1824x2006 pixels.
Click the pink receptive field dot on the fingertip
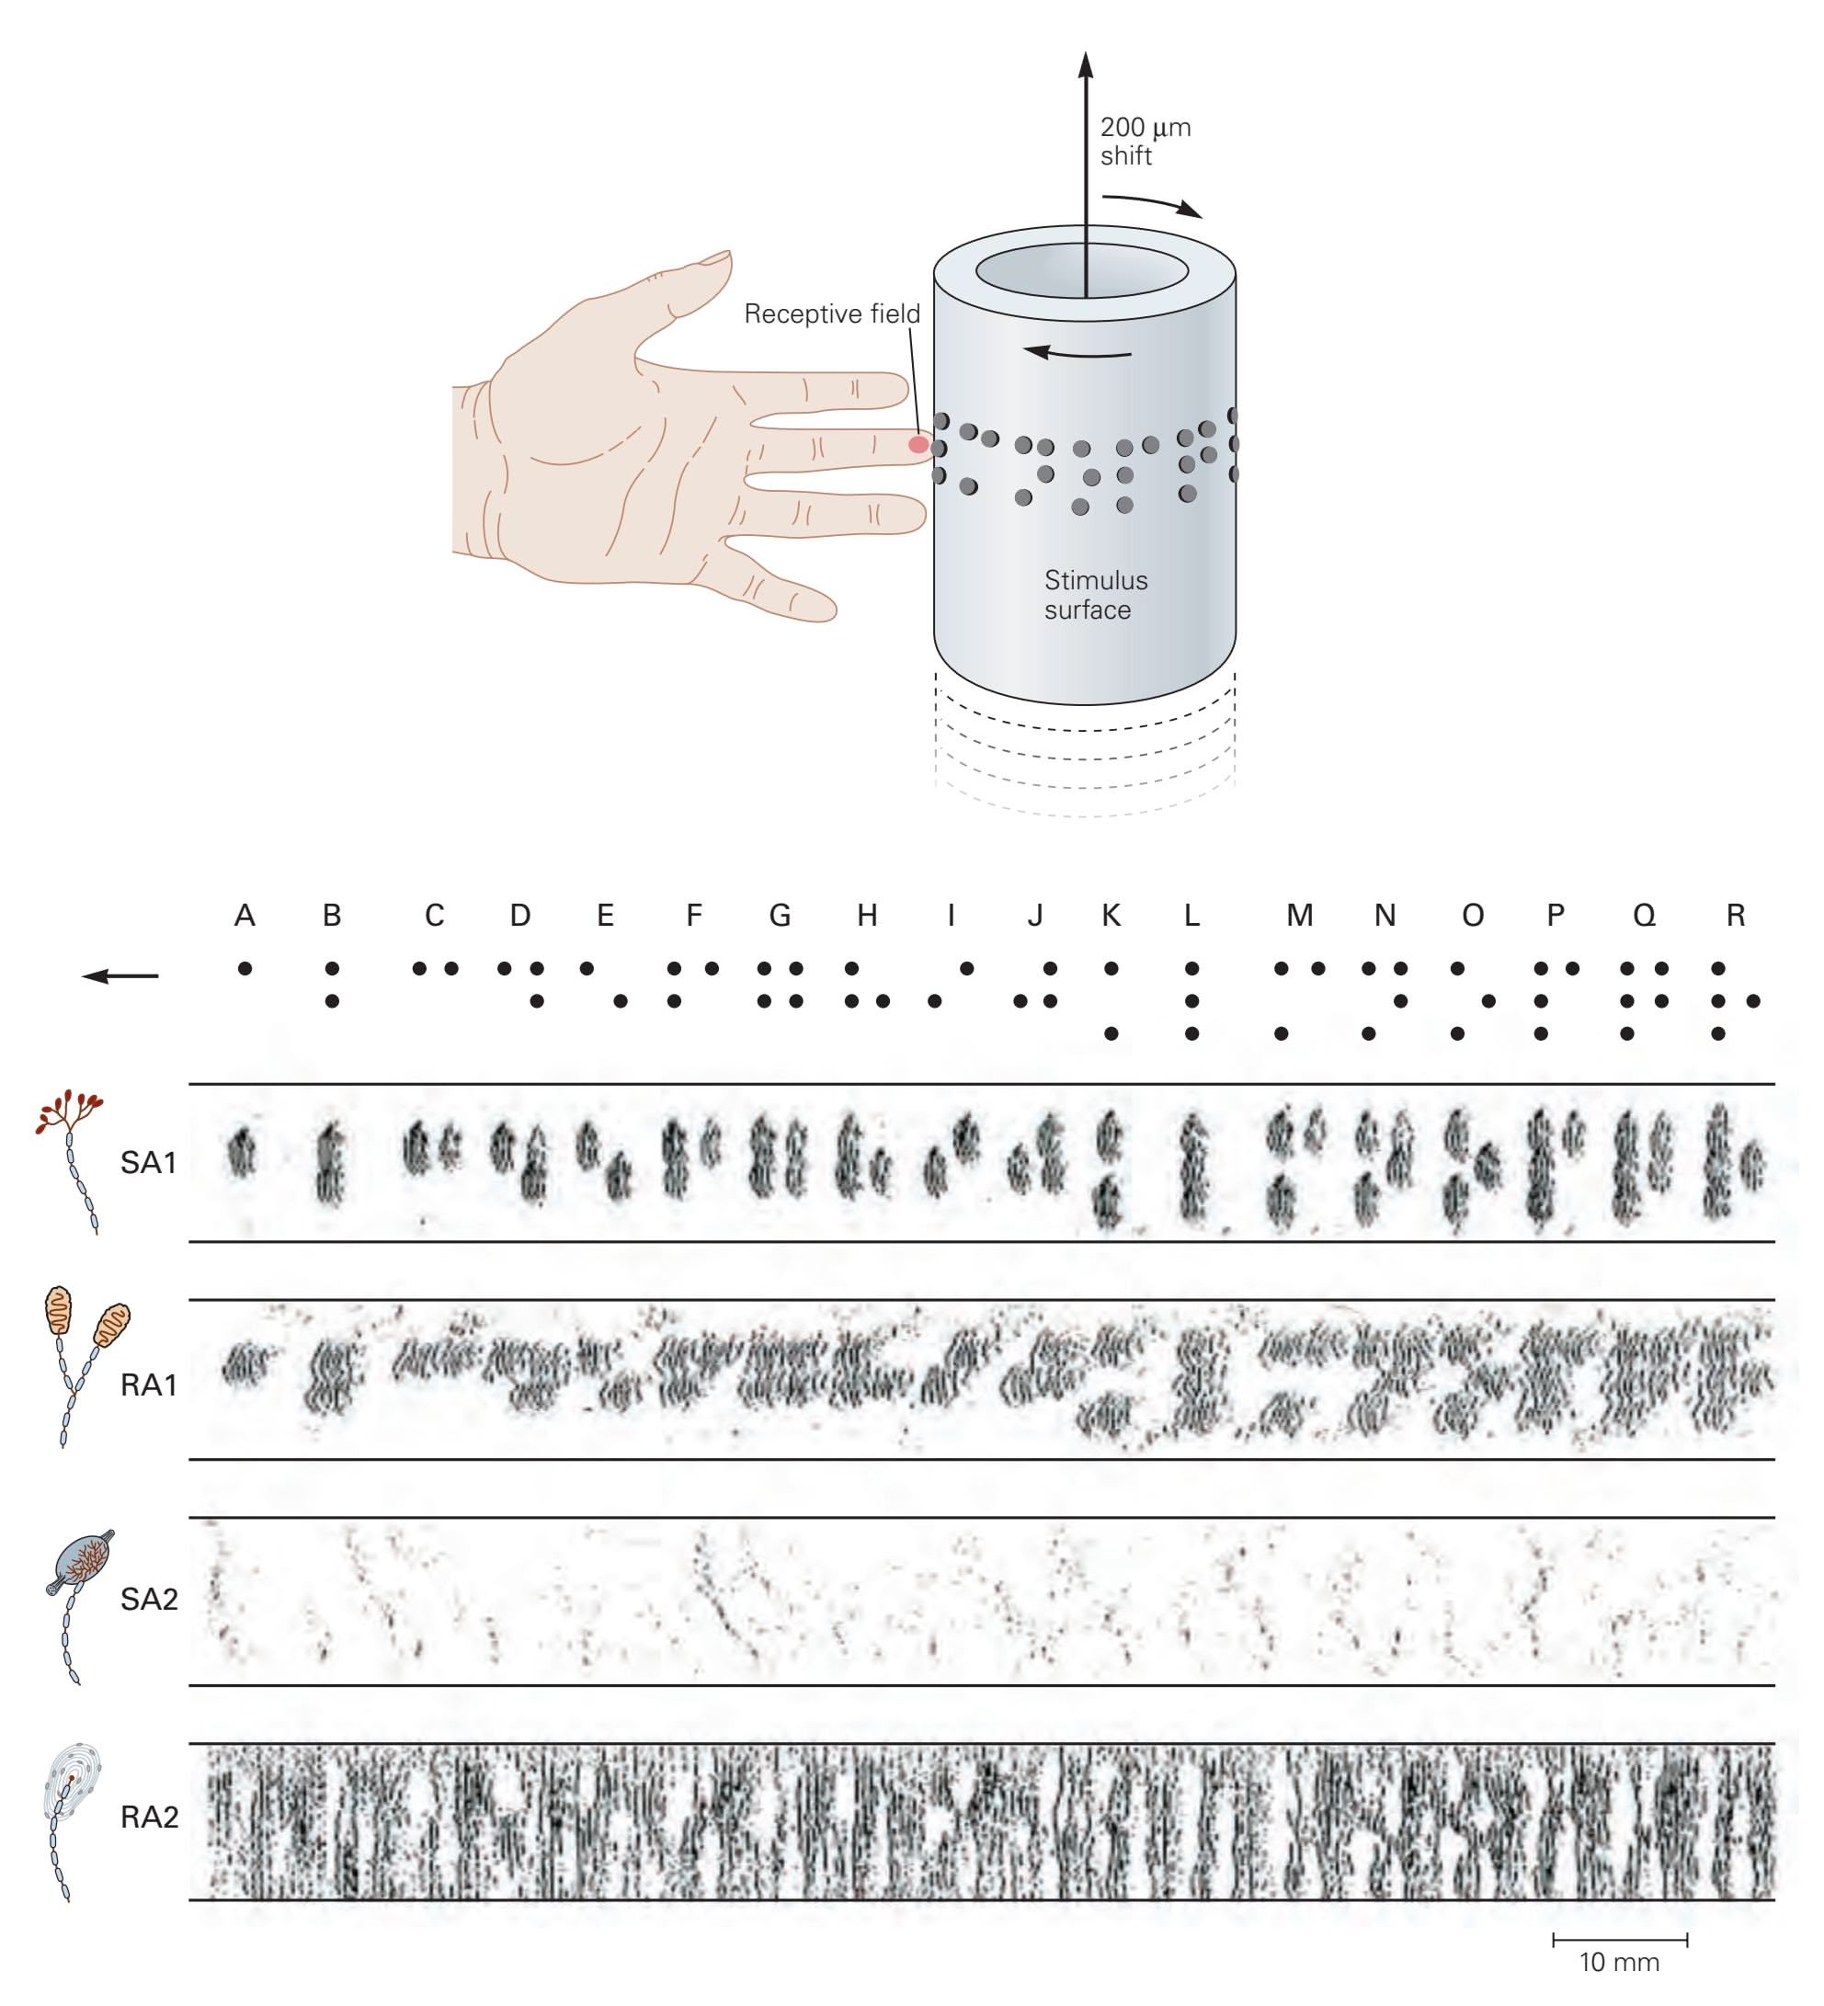(918, 444)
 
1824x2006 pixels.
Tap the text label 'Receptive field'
(832, 314)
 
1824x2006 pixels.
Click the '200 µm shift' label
(1145, 142)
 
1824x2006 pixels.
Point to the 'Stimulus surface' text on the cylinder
(1095, 594)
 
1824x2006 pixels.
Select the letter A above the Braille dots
(245, 916)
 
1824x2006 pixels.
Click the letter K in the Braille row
(1111, 916)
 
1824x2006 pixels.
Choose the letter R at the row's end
(1736, 916)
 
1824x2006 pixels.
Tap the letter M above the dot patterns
(1300, 916)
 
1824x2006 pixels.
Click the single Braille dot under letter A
(245, 968)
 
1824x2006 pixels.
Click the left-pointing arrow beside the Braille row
(120, 976)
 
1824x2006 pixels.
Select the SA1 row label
(148, 1162)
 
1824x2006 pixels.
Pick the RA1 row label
(148, 1385)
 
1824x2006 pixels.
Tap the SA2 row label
(149, 1599)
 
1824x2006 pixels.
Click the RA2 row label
(149, 1817)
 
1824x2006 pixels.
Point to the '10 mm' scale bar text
(1619, 1962)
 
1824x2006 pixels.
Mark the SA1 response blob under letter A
(242, 1153)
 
